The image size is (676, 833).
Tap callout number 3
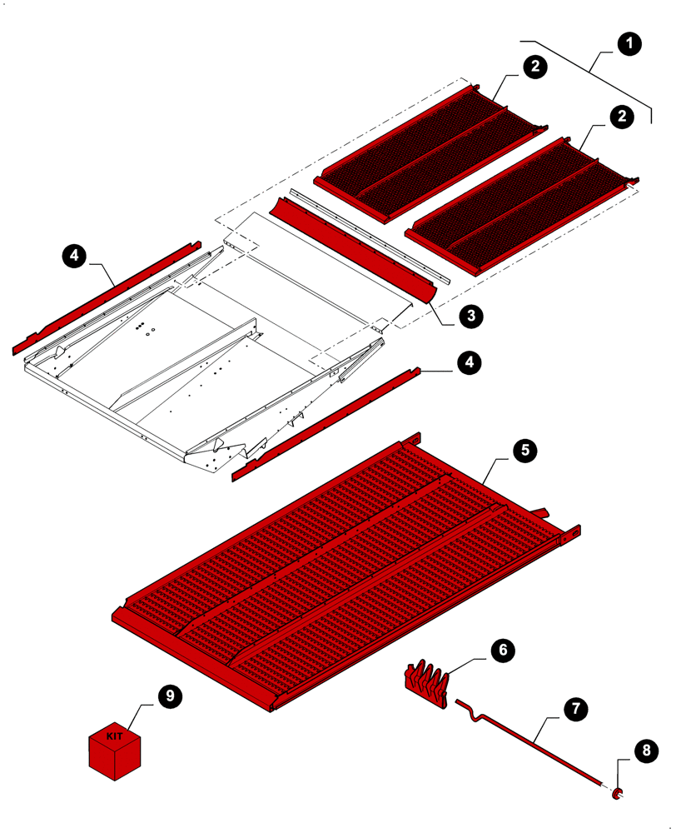[x=470, y=315]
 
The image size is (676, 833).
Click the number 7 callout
[x=574, y=709]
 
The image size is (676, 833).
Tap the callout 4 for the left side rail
[x=74, y=257]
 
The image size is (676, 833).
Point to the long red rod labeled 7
[x=533, y=741]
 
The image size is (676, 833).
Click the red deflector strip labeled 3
[x=350, y=242]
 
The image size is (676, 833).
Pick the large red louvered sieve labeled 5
[x=341, y=566]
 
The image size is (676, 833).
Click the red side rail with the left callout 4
[x=108, y=296]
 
